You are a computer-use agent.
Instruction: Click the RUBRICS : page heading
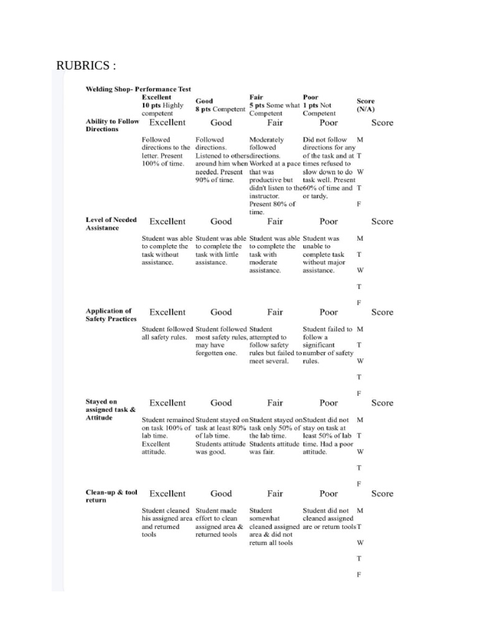click(x=86, y=66)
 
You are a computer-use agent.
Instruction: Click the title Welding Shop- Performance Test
click(x=138, y=89)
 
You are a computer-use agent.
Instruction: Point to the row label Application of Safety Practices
click(x=110, y=315)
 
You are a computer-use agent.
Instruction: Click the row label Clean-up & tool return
click(x=111, y=496)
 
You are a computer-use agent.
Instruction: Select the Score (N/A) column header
click(x=365, y=105)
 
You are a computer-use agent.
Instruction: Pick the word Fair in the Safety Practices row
click(x=275, y=312)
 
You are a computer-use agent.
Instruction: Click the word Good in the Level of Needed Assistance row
click(x=221, y=221)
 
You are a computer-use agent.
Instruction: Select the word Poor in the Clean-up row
click(x=329, y=494)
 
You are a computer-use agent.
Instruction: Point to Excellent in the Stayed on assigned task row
click(x=167, y=403)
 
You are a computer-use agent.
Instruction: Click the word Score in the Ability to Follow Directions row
click(x=382, y=123)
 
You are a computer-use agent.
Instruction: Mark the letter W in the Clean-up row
click(x=360, y=542)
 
